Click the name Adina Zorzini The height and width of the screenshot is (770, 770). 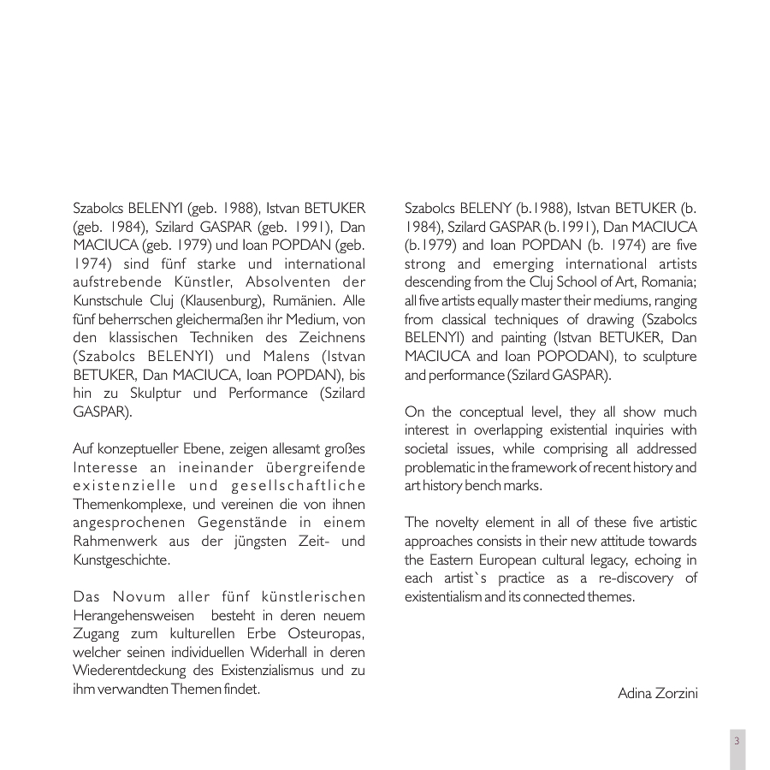(x=657, y=693)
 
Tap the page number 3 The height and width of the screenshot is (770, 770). (x=737, y=741)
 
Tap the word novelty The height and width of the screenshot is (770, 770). (x=462, y=522)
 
